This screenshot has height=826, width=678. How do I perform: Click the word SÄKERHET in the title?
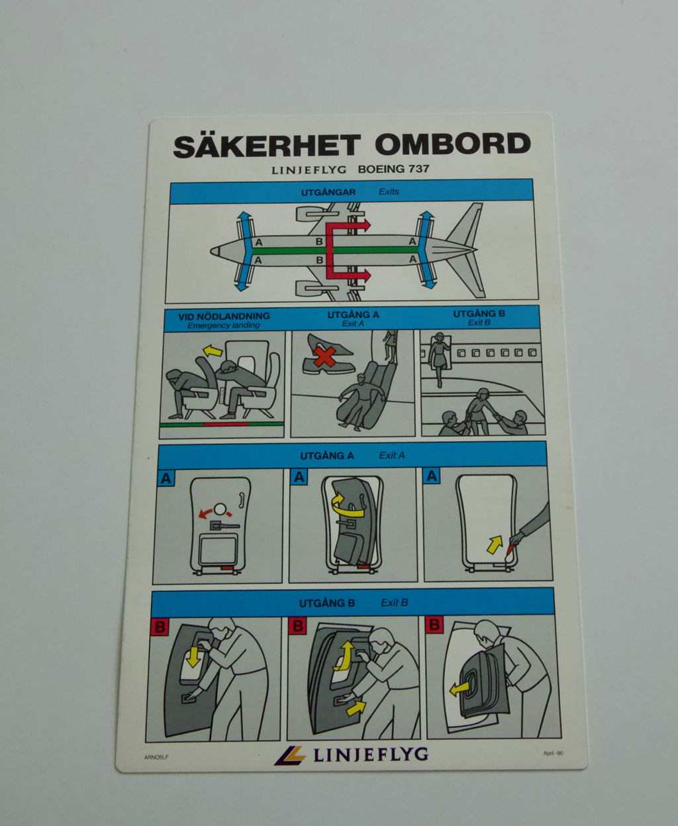coord(267,146)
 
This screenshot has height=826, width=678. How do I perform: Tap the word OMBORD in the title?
coord(452,144)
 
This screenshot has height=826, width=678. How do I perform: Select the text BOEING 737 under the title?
coord(394,169)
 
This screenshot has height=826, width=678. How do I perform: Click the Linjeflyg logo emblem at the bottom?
coord(290,755)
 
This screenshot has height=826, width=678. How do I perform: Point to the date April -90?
coord(553,752)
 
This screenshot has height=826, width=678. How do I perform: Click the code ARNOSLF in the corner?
coord(156,758)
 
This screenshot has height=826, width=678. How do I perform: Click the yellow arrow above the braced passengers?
coord(212,350)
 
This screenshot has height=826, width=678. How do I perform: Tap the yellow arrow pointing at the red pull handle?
coord(495,544)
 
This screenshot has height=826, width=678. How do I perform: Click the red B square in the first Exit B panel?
coord(160,627)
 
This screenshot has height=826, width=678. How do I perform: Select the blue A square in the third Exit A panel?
coord(432,476)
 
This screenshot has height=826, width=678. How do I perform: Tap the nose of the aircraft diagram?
coord(213,250)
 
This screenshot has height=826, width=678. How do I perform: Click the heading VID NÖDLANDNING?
coord(224,316)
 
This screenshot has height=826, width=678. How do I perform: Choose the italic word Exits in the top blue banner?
coord(389,191)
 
